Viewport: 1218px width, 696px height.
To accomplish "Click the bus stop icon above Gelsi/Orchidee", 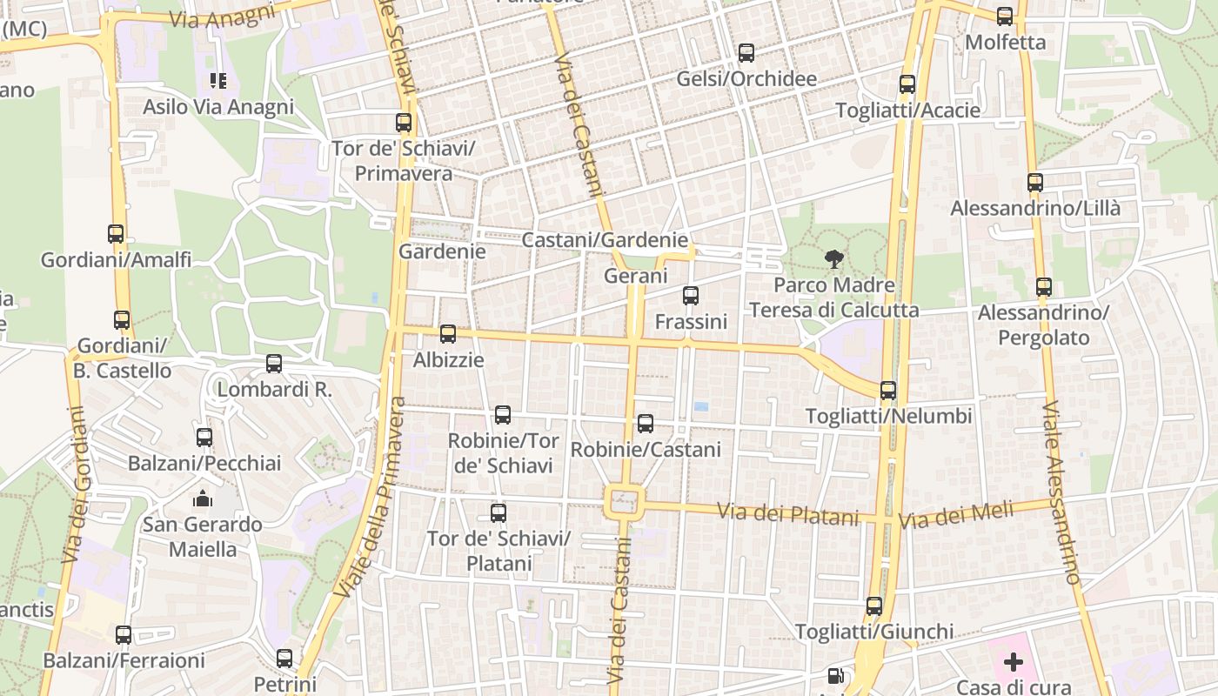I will (x=746, y=53).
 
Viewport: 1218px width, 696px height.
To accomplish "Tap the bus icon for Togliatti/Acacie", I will (x=907, y=84).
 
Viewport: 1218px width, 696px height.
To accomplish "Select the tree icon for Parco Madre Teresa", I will (x=833, y=258).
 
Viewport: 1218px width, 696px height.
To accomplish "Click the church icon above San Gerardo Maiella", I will (x=203, y=499).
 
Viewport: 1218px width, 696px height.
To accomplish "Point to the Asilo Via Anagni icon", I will (x=217, y=81).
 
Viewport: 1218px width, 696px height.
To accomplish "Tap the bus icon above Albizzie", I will (x=448, y=333).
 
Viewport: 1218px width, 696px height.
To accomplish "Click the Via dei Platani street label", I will (x=787, y=514).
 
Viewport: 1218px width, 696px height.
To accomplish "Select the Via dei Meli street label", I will (x=956, y=515).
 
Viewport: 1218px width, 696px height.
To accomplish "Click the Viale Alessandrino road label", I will (x=1061, y=492).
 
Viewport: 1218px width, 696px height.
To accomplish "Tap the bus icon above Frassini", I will (x=691, y=296).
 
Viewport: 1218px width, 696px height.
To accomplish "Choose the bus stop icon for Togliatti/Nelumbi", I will (x=888, y=391).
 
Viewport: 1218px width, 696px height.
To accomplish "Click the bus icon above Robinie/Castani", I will (x=646, y=424).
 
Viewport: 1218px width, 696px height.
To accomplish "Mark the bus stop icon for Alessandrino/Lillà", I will (x=1035, y=183).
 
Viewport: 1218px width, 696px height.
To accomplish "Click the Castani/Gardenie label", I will (x=605, y=240).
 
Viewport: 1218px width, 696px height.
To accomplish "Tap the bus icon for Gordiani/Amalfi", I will (x=116, y=233).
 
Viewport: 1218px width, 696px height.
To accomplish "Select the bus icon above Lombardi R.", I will (x=274, y=364).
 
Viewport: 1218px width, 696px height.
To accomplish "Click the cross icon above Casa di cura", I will (x=1014, y=662).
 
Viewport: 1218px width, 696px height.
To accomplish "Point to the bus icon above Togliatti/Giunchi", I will (x=874, y=606).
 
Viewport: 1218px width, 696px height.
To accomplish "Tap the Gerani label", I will (x=636, y=277).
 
